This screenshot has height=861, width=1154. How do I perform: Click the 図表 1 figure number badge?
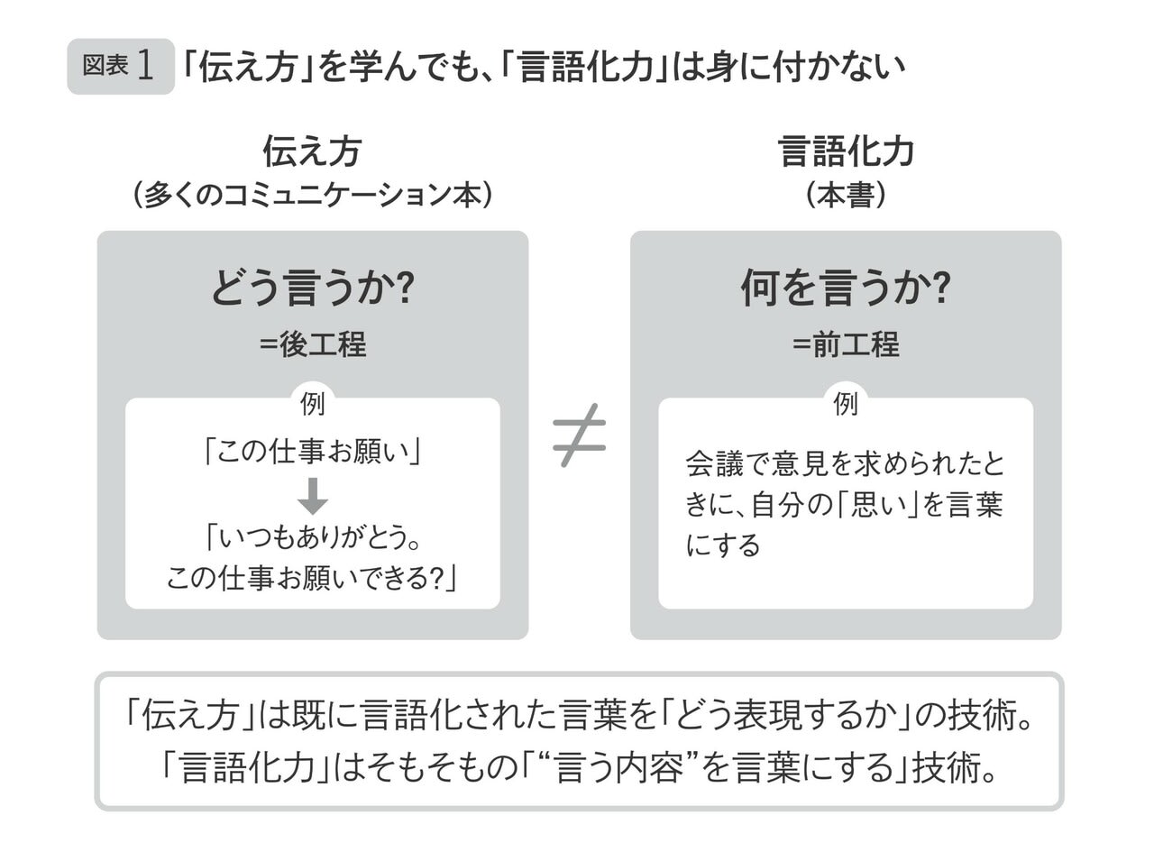point(120,66)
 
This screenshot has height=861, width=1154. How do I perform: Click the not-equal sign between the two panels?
point(579,435)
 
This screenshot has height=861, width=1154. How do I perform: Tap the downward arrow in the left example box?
point(312,495)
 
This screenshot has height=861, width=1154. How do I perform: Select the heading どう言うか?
point(312,289)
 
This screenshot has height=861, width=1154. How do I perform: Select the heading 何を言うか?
point(845,289)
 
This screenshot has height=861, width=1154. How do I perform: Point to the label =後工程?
point(312,344)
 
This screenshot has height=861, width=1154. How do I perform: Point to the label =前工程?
point(845,344)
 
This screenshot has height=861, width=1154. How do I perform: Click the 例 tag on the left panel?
point(312,404)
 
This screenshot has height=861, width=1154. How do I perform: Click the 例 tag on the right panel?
point(845,404)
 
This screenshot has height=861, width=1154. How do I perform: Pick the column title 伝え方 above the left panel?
point(312,151)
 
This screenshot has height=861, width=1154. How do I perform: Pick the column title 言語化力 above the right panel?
point(845,151)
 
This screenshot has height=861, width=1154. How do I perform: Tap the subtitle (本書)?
point(845,196)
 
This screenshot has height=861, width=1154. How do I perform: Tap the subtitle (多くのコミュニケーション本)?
point(312,196)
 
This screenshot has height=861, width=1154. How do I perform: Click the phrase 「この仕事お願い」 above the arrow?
point(312,451)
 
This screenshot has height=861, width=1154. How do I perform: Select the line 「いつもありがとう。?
point(312,537)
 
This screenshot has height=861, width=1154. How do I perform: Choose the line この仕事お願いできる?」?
point(312,577)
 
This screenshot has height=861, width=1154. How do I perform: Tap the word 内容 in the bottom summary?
point(650,768)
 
